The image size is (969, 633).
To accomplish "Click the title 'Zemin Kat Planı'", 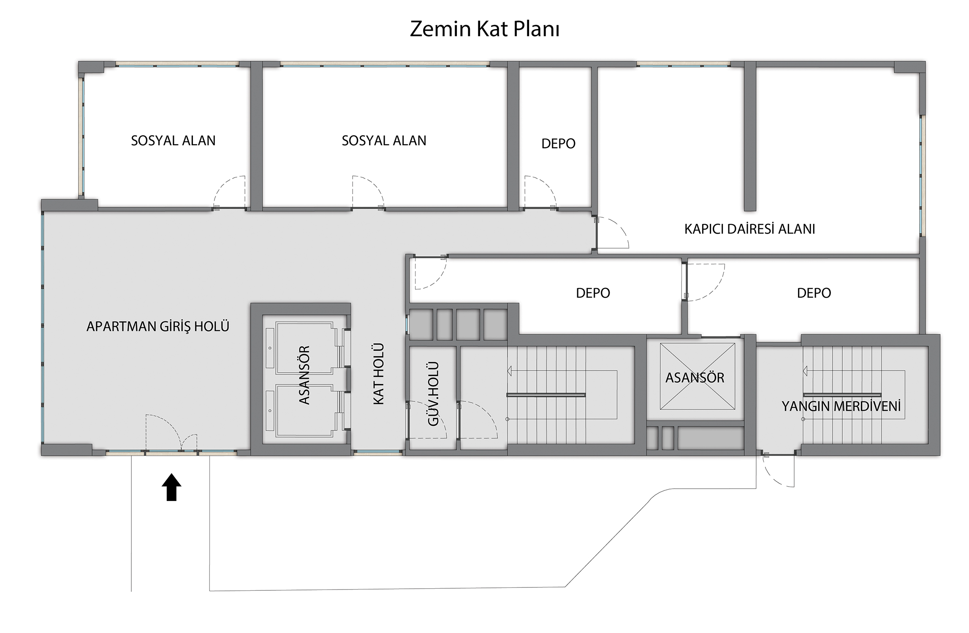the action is (x=485, y=29).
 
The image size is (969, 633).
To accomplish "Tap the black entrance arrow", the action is (x=171, y=487).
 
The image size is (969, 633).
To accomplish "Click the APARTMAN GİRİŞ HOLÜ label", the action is (x=158, y=326).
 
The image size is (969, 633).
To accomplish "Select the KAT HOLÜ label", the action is (x=379, y=374).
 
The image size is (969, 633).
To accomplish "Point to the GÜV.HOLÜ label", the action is (x=433, y=394).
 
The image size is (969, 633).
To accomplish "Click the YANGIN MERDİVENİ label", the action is (x=841, y=406).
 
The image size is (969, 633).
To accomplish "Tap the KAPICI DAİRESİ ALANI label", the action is (x=749, y=229).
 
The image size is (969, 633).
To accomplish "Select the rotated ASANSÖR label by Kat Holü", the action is (x=304, y=375).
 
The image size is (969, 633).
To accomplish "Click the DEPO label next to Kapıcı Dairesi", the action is (x=558, y=143).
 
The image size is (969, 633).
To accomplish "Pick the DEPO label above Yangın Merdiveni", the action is (x=814, y=293).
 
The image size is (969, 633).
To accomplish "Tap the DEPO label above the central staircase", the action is (x=593, y=293).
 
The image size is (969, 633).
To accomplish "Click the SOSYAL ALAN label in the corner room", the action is (x=173, y=141).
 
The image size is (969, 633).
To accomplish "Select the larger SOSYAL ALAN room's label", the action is (x=384, y=141).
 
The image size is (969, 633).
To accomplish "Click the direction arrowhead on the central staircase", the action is (x=510, y=371).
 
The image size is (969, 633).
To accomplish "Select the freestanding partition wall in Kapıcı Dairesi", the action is (x=749, y=136).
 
